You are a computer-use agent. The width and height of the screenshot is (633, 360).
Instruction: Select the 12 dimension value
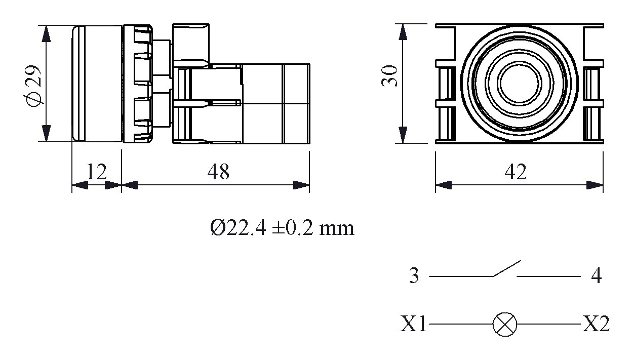[x=96, y=172]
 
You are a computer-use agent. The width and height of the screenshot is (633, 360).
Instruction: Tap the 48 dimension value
[x=218, y=172]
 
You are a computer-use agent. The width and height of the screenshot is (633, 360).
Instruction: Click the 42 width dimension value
[x=516, y=172]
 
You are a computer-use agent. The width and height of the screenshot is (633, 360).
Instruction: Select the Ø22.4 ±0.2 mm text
[x=282, y=228]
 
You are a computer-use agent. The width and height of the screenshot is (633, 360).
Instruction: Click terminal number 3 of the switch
[x=414, y=277]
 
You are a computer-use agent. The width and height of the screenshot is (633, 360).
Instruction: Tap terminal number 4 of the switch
[x=596, y=277]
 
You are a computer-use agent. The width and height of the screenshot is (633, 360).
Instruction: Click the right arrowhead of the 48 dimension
[x=302, y=185]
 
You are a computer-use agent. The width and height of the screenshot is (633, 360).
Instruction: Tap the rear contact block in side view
[x=273, y=104]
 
